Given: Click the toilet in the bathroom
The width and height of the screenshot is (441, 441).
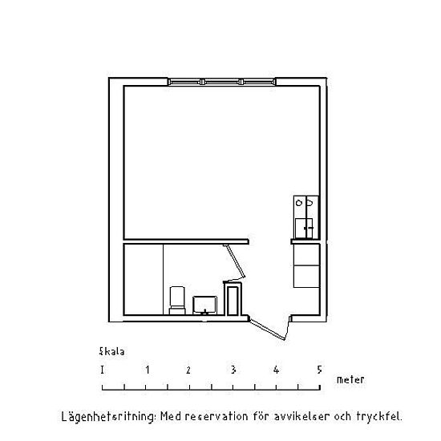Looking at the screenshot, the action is point(177,300).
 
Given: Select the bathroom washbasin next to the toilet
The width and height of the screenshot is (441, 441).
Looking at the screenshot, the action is point(204,305).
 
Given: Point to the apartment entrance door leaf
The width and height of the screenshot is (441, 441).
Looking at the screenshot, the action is point(267,329).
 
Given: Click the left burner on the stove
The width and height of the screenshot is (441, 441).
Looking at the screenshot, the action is point(299,203).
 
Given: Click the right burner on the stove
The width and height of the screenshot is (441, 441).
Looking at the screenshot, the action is point(310,202).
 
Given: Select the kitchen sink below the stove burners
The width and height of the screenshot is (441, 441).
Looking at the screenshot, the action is point(304,228).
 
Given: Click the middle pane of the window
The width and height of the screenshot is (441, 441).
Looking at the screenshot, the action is point(221,82).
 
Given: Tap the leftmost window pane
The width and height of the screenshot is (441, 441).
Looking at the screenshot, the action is point(185,82).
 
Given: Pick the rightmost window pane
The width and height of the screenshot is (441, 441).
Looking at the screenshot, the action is point(258,82).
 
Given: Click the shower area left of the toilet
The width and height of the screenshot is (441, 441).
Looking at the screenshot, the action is point(144,279).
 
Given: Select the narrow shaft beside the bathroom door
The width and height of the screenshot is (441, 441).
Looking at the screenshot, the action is point(233,299).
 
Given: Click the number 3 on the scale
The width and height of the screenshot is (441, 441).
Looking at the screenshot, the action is point(233,370).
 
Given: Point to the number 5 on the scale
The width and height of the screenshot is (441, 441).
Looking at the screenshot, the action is point(319,370).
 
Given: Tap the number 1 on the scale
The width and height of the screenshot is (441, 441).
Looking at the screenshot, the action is point(148,370).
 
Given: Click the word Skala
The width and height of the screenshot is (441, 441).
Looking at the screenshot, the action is point(111,351).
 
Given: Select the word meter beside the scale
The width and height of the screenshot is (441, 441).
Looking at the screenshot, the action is point(350,380).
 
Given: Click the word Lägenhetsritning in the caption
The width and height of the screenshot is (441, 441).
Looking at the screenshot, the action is point(108,416).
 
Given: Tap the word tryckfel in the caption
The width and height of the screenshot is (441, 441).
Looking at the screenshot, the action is point(379,416).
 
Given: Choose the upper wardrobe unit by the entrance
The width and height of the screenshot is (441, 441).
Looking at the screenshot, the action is point(306,254).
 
